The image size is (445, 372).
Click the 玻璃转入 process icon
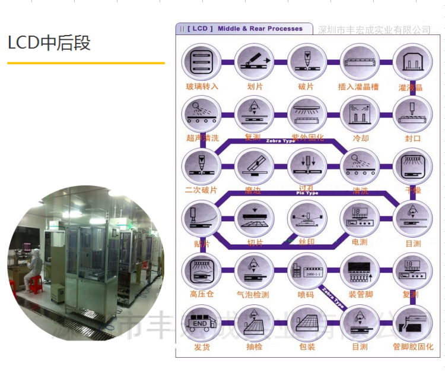202,62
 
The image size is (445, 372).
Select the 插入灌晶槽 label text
358,87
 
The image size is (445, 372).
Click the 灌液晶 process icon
411,62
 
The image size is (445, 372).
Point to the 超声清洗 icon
202,114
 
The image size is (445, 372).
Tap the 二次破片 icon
202,165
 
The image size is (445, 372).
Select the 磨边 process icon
254,165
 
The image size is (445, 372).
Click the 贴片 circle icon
202,217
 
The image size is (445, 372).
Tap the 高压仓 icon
202,270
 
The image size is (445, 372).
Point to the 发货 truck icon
202,322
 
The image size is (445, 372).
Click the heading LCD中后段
49,43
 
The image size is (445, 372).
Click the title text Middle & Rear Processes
260,29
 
